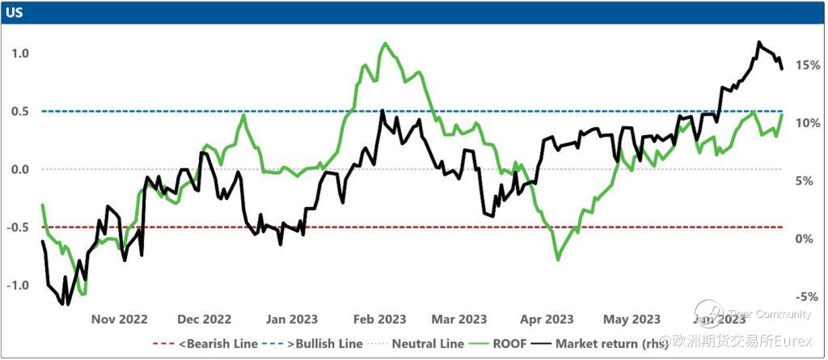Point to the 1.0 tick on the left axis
pyautogui.click(x=20, y=53)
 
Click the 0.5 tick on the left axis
pyautogui.click(x=20, y=112)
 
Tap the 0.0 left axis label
pyautogui.click(x=20, y=169)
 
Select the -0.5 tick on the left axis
pyautogui.click(x=19, y=227)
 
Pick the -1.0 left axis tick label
pyautogui.click(x=19, y=286)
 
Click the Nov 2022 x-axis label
pyautogui.click(x=119, y=319)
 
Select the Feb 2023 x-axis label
pyautogui.click(x=380, y=319)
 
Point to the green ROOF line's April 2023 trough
pyautogui.click(x=558, y=260)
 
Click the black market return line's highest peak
pyautogui.click(x=758, y=42)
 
